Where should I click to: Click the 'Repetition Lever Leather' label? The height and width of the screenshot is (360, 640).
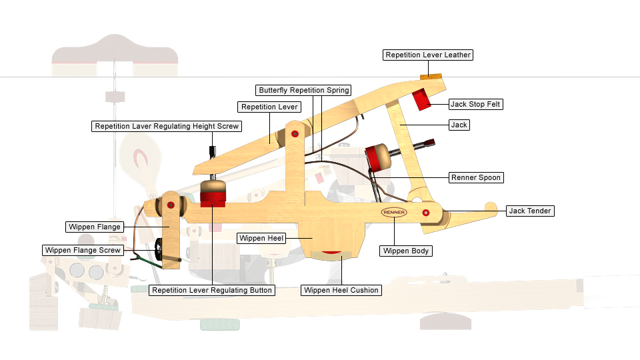(428, 55)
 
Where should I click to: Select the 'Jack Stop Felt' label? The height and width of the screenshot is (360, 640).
(476, 104)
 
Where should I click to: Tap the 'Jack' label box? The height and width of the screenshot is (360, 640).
(459, 125)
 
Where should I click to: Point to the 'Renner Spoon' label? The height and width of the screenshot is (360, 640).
(476, 177)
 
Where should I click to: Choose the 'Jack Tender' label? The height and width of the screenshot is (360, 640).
(530, 211)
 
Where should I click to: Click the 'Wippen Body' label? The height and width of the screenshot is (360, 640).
(406, 251)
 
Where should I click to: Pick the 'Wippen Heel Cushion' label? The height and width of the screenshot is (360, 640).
(341, 290)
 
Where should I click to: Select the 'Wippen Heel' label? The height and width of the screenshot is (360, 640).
(262, 237)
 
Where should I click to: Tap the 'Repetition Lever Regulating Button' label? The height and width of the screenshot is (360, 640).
(212, 290)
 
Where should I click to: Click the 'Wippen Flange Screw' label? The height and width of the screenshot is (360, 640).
(83, 250)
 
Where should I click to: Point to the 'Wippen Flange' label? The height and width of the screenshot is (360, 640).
(95, 227)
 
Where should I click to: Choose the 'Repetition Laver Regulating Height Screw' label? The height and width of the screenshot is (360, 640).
(166, 126)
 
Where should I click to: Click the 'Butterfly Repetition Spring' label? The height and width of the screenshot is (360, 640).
(303, 90)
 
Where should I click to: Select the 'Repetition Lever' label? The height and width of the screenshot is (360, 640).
(269, 107)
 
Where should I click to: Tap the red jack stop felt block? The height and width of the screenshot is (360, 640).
(421, 99)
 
